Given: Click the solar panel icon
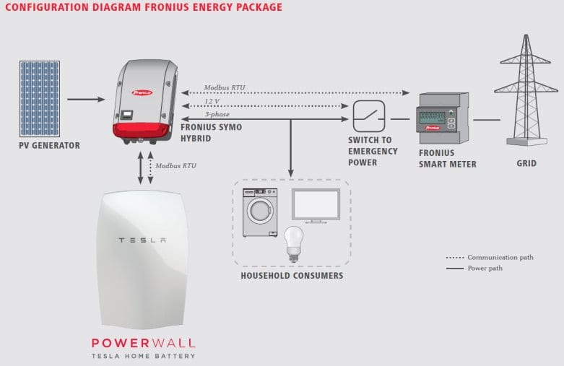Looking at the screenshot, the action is click(x=40, y=98).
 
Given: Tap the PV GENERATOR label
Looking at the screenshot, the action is click(x=50, y=146).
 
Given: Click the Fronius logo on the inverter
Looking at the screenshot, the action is click(x=142, y=92).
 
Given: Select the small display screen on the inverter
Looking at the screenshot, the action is click(x=126, y=115).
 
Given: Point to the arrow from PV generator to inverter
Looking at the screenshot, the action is click(x=86, y=99).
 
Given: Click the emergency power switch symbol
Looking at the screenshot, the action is click(x=369, y=116).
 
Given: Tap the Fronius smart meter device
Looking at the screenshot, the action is click(x=443, y=118).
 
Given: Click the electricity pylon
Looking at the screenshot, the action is click(x=526, y=90).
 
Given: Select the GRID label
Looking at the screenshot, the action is click(x=526, y=164).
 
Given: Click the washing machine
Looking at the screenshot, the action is click(x=260, y=212).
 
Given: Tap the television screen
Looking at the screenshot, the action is click(x=316, y=205).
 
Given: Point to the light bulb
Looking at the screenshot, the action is click(x=294, y=244).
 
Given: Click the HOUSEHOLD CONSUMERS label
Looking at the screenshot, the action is click(x=292, y=276).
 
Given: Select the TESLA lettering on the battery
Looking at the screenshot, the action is click(x=142, y=240).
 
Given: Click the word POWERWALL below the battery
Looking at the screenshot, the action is click(x=143, y=343).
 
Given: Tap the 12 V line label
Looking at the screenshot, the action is click(x=212, y=101).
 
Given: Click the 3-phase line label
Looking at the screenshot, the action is click(x=217, y=114).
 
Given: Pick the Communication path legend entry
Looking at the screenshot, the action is click(x=490, y=258).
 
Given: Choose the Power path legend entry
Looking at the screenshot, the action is click(x=474, y=269).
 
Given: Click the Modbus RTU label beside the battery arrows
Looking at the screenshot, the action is click(x=176, y=166).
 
